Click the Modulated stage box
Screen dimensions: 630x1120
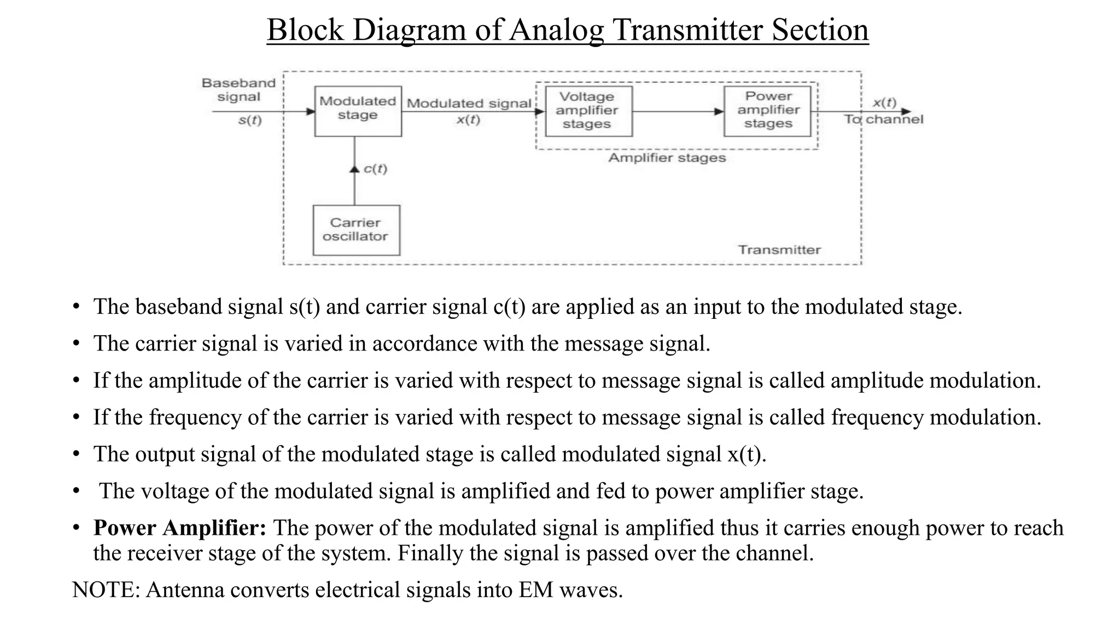click(x=358, y=111)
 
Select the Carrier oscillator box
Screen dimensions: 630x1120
click(x=356, y=230)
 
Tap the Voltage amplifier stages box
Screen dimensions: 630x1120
click(x=588, y=111)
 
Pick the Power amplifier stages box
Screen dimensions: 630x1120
click(x=767, y=111)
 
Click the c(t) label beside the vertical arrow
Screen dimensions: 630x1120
click(x=375, y=169)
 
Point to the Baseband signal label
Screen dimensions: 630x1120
click(x=238, y=90)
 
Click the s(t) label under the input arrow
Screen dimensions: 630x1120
click(x=250, y=120)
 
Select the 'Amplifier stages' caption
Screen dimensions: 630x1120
click(x=667, y=158)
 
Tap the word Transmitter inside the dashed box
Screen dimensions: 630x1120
click(x=779, y=250)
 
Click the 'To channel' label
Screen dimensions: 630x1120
click(x=883, y=119)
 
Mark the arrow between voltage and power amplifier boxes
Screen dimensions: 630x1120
click(x=678, y=112)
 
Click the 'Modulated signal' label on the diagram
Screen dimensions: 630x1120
click(x=469, y=103)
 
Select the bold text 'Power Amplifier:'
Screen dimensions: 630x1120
click(x=180, y=528)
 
